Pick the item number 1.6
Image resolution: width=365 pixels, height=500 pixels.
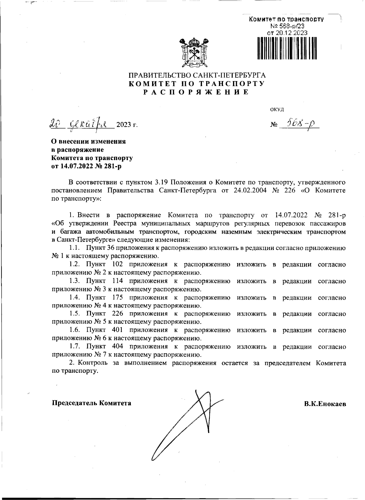[x=74, y=330]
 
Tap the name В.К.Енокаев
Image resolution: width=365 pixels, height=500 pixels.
[x=325, y=404]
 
